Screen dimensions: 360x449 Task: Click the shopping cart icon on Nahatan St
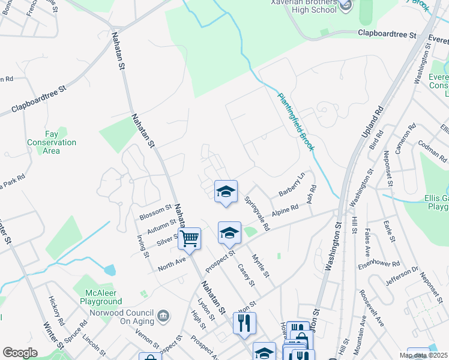[190, 239]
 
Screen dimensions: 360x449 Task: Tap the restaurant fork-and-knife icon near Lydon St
[244, 323]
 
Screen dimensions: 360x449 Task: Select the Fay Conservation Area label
[52, 142]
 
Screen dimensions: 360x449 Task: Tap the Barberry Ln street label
[292, 185]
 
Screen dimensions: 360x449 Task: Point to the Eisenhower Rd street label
[379, 263]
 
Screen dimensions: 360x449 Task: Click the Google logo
[20, 353]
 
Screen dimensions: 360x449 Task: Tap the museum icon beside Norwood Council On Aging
[163, 316]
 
